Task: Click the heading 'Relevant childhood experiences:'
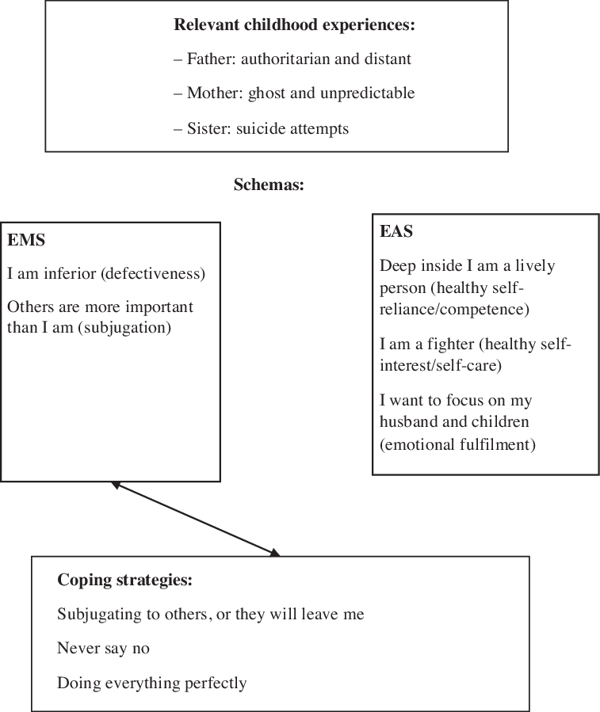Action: pyautogui.click(x=294, y=25)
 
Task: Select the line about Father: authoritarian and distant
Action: pyautogui.click(x=292, y=59)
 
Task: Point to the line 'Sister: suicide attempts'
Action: pyautogui.click(x=261, y=128)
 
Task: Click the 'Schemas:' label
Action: pyautogui.click(x=269, y=185)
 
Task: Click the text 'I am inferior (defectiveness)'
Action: pyautogui.click(x=106, y=274)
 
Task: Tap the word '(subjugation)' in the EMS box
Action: pyautogui.click(x=129, y=326)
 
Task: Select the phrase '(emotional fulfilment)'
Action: pyautogui.click(x=457, y=444)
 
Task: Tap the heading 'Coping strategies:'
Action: pyautogui.click(x=124, y=580)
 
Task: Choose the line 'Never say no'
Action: pyautogui.click(x=103, y=648)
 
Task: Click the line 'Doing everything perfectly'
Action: pyautogui.click(x=151, y=683)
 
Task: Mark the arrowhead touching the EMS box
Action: pyautogui.click(x=116, y=484)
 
